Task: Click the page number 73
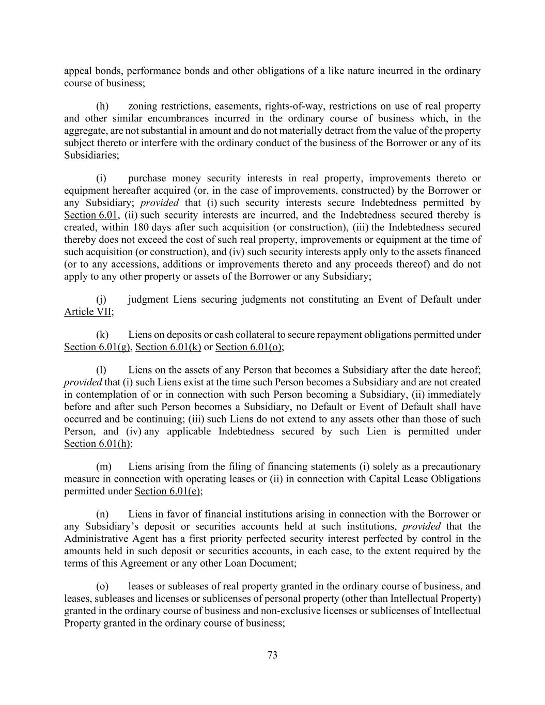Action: (x=272, y=655)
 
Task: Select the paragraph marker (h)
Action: (x=102, y=106)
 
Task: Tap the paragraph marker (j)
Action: (x=102, y=300)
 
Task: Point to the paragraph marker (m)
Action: (x=104, y=467)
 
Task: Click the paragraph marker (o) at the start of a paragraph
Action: (x=102, y=586)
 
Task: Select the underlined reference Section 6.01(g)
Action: (x=97, y=347)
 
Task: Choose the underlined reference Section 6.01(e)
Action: (x=167, y=491)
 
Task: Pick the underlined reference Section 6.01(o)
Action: (x=248, y=347)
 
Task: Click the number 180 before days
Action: (x=141, y=227)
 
